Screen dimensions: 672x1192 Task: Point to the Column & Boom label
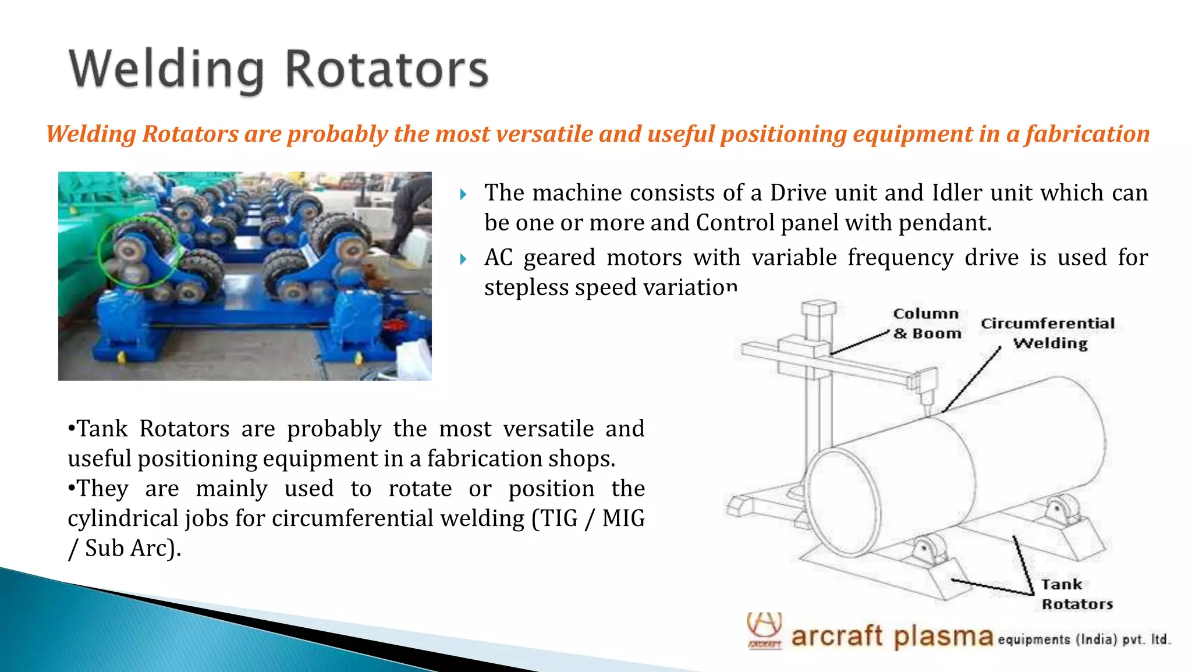point(927,323)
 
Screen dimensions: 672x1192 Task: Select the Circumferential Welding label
point(1048,333)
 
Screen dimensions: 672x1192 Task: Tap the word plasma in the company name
point(943,637)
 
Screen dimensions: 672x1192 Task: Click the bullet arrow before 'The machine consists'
point(463,194)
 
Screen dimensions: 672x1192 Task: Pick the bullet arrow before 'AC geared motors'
point(463,259)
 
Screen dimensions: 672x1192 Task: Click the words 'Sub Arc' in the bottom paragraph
point(126,548)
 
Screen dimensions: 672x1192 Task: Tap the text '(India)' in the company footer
point(1095,639)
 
